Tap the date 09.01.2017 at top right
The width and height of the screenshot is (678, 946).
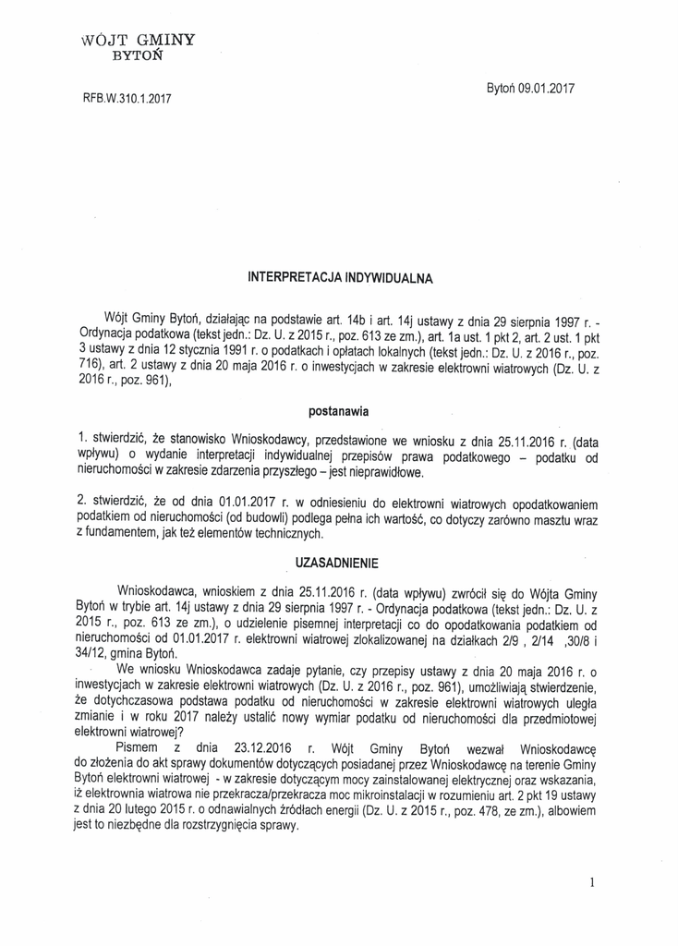pos(544,89)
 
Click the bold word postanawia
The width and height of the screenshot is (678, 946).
pos(339,410)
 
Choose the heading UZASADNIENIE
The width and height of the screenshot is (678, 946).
pos(338,563)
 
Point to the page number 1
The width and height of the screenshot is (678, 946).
pos(591,883)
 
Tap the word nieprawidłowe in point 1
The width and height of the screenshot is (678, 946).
pos(385,474)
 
